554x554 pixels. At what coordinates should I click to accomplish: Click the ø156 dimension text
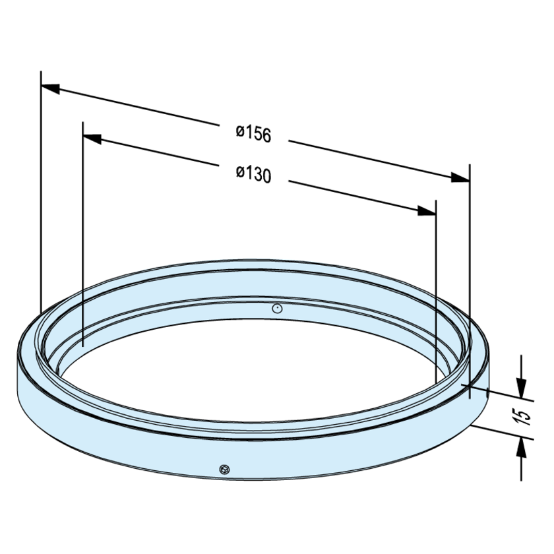tap(254, 133)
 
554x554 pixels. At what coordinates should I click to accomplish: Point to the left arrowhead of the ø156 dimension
tap(51, 87)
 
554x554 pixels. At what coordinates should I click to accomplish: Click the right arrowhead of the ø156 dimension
tap(460, 178)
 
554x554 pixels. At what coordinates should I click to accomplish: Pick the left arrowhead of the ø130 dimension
tap(92, 138)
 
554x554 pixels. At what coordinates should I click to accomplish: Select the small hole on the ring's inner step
tap(278, 307)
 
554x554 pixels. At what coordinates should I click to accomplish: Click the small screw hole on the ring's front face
tap(224, 469)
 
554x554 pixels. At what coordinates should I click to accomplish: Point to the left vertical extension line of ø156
tap(41, 198)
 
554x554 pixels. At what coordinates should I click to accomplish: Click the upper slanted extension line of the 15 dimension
tap(501, 394)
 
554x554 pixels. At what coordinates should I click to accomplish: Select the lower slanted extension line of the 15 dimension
tap(501, 434)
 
